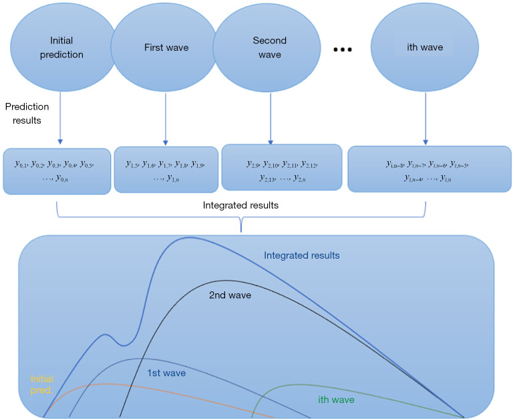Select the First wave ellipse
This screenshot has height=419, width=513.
pyautogui.click(x=166, y=47)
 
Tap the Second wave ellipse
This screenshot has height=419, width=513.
pyautogui.click(x=269, y=47)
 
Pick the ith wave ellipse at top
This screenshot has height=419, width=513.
pyautogui.click(x=425, y=47)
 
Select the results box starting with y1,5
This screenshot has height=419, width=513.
pyautogui.click(x=166, y=170)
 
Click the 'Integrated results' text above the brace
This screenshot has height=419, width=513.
pyautogui.click(x=240, y=205)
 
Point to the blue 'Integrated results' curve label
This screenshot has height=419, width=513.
pyautogui.click(x=301, y=255)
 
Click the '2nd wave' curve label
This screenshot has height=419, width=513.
pyautogui.click(x=230, y=295)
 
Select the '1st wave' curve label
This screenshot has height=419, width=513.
pyautogui.click(x=166, y=373)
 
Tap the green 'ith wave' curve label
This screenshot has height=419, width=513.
pyautogui.click(x=335, y=400)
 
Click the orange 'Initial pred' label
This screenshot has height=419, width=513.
pyautogui.click(x=41, y=384)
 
